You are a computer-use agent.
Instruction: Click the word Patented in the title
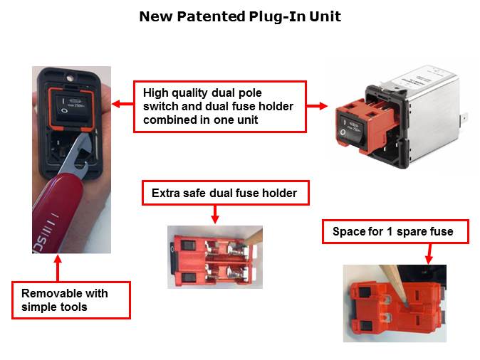pyautogui.click(x=212, y=16)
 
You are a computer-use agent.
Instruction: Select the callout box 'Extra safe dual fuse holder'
pyautogui.click(x=226, y=193)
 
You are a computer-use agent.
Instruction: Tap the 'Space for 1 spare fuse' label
pyautogui.click(x=395, y=231)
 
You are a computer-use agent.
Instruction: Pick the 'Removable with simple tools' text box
pyautogui.click(x=71, y=300)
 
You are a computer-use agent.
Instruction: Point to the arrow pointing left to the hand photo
pyautogui.click(x=122, y=104)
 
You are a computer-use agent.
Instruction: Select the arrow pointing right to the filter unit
pyautogui.click(x=317, y=106)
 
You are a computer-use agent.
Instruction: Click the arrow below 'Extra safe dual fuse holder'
pyautogui.click(x=215, y=214)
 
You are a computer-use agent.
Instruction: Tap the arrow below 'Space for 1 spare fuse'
pyautogui.click(x=429, y=253)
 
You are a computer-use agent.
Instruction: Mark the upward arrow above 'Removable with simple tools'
pyautogui.click(x=58, y=268)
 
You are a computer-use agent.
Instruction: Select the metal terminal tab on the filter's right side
pyautogui.click(x=464, y=118)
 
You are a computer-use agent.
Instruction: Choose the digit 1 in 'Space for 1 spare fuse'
pyautogui.click(x=389, y=231)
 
